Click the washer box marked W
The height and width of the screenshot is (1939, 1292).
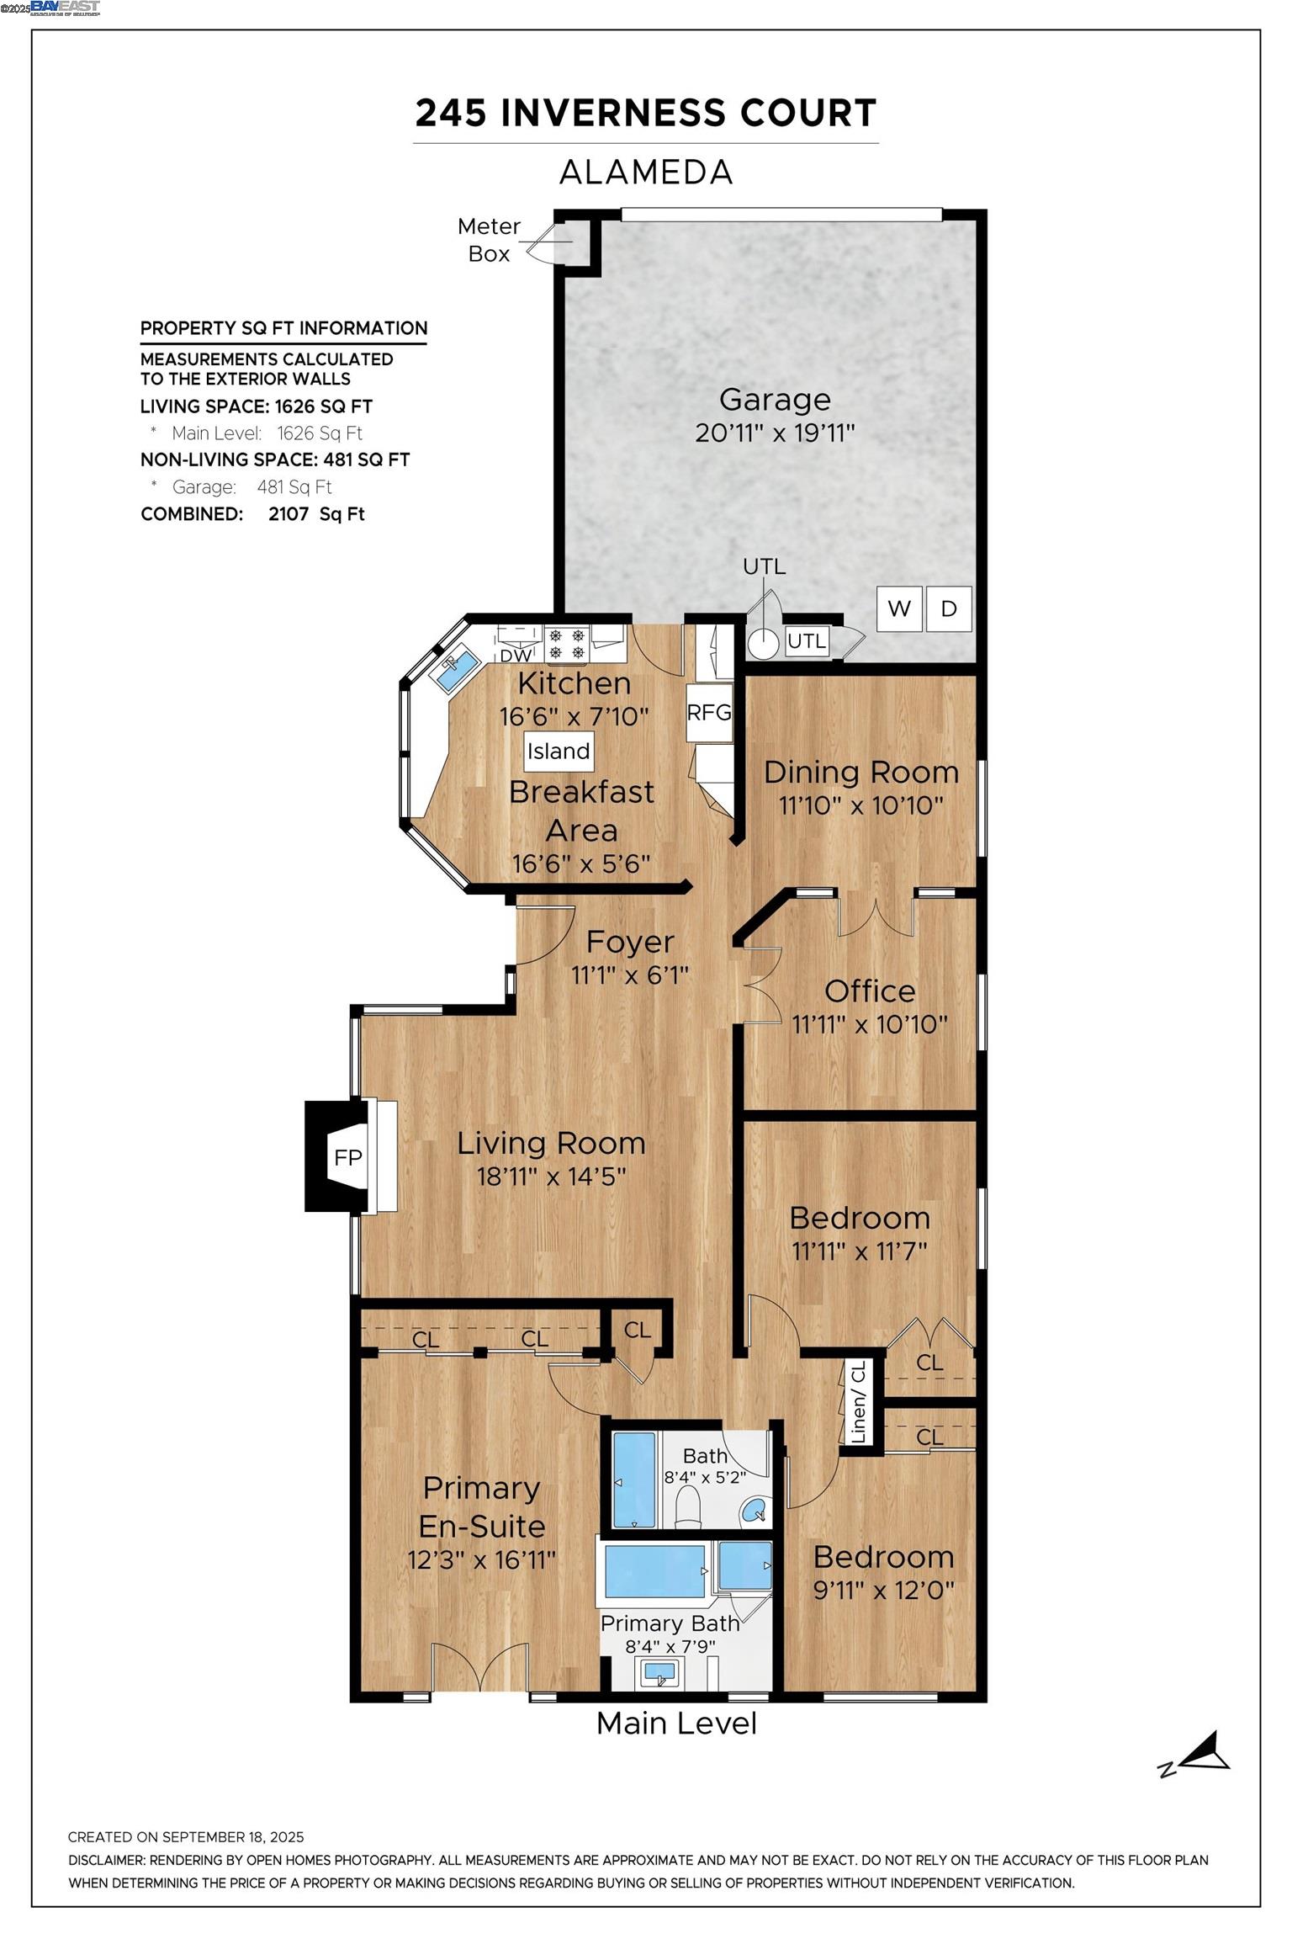(899, 608)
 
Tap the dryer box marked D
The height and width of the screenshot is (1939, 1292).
(949, 608)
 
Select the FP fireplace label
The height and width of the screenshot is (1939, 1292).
(347, 1157)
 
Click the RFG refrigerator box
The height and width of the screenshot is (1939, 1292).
(709, 713)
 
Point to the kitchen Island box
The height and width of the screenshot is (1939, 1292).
(559, 751)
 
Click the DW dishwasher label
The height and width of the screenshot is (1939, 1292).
(516, 656)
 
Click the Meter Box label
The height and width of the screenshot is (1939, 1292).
(489, 240)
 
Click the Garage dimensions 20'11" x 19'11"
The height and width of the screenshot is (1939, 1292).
(775, 433)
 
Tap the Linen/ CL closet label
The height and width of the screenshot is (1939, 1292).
(858, 1403)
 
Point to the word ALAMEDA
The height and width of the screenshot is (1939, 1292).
(646, 173)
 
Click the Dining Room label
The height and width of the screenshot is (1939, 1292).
(861, 772)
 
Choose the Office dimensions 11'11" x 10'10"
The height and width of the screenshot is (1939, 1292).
(870, 1024)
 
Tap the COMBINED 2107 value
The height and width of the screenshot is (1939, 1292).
(289, 514)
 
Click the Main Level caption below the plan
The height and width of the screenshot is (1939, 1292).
(676, 1724)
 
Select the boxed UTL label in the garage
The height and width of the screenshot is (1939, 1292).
(807, 641)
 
